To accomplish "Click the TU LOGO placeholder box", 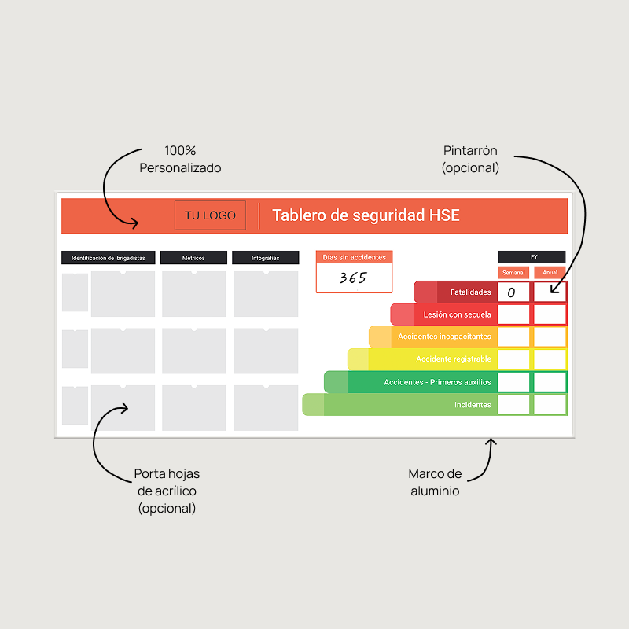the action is click(x=210, y=215).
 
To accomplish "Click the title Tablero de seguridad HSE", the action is click(x=366, y=215).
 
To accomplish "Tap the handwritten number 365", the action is click(x=353, y=278).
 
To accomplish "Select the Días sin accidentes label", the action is click(x=354, y=257).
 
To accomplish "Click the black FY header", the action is click(x=532, y=257).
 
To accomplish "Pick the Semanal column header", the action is click(x=513, y=273).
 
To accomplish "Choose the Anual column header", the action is click(x=550, y=273).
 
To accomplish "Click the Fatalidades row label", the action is click(x=470, y=292).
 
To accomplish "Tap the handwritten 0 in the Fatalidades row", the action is click(x=511, y=293).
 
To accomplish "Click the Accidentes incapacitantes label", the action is click(x=444, y=337).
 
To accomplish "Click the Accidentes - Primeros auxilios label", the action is click(x=437, y=382).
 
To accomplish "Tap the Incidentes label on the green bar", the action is click(x=473, y=405).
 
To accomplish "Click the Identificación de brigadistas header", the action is click(x=109, y=258).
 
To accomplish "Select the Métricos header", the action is click(x=193, y=258).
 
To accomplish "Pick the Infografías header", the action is click(x=265, y=258).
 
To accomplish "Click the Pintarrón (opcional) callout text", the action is click(x=470, y=159).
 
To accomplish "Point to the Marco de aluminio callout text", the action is click(x=435, y=482).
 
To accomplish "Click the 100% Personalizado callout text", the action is click(x=180, y=159).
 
